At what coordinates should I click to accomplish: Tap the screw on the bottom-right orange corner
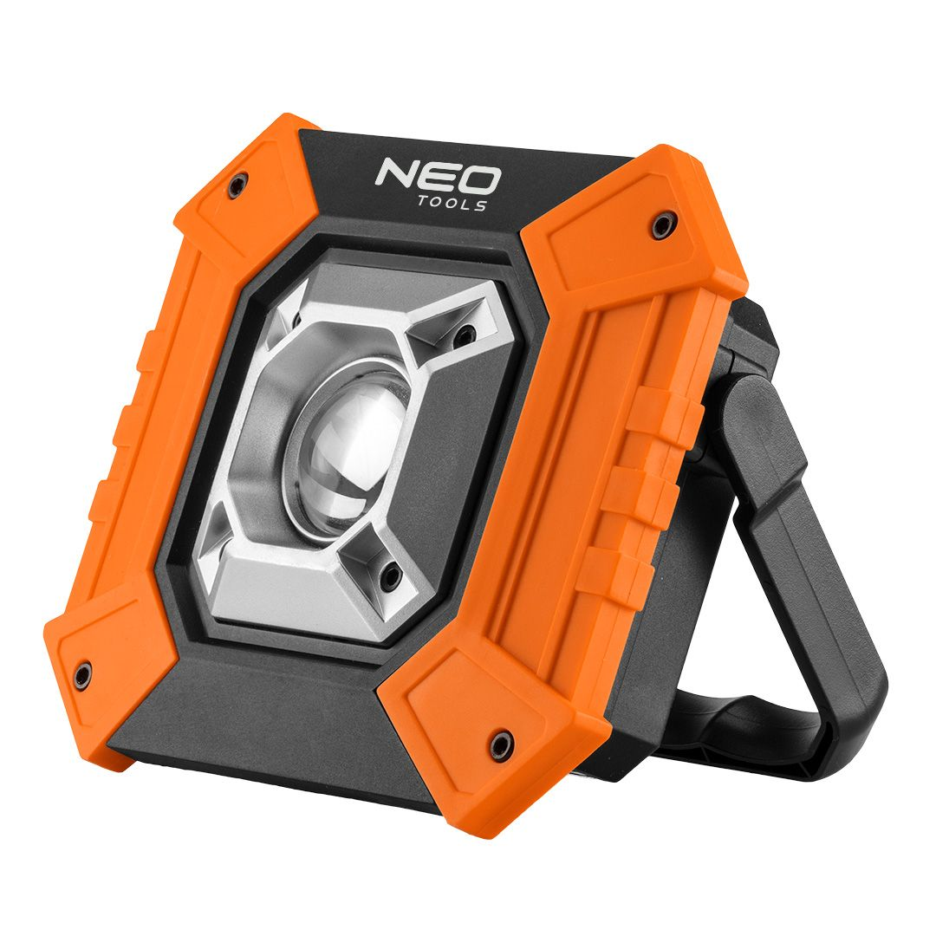[x=500, y=743]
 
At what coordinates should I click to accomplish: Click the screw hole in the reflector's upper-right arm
[x=467, y=331]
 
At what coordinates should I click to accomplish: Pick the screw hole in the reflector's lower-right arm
[x=392, y=573]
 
